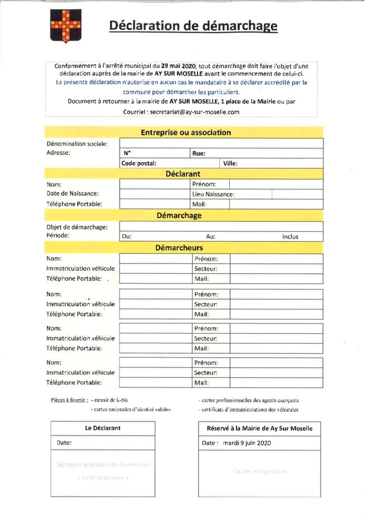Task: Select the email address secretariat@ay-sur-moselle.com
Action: tap(195, 112)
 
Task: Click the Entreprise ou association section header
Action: tap(186, 133)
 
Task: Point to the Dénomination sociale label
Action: tap(77, 144)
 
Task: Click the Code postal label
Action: tap(139, 163)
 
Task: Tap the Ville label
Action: tap(230, 163)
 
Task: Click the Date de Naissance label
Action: tap(73, 193)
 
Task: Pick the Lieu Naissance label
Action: tap(213, 194)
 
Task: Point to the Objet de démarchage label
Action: tap(77, 227)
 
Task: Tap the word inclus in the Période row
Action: tap(290, 236)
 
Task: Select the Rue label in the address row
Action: tap(199, 153)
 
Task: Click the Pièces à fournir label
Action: tap(70, 401)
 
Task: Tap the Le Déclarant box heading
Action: tap(103, 428)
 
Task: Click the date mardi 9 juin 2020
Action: tap(247, 443)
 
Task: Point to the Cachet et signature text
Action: tap(260, 471)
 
